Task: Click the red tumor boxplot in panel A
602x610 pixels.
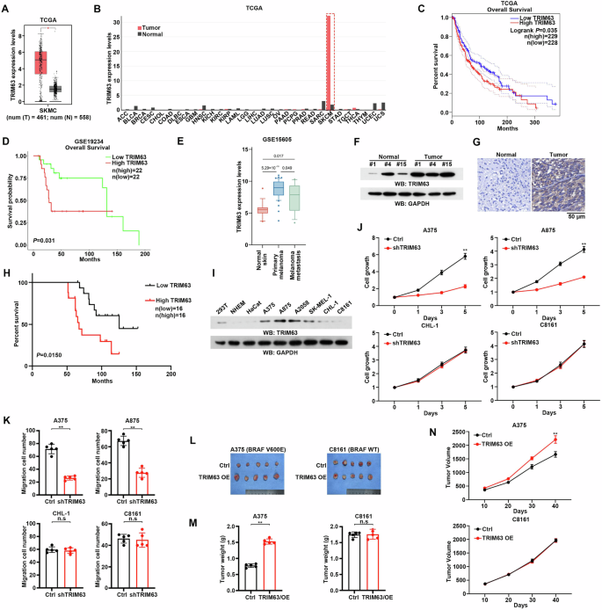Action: coord(40,62)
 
